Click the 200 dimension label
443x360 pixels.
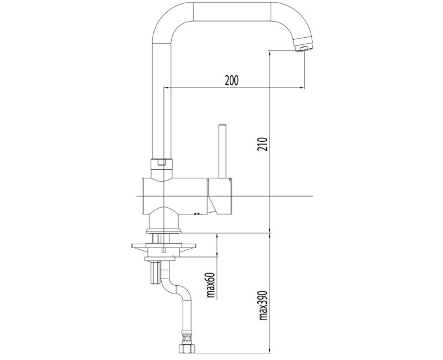tap(231, 80)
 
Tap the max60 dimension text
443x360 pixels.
tap(211, 286)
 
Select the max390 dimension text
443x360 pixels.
tap(262, 306)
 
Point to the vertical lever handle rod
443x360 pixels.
tap(223, 151)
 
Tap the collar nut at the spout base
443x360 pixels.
tap(162, 163)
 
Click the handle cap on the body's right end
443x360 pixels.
tap(220, 196)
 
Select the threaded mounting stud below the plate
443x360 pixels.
tap(155, 272)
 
